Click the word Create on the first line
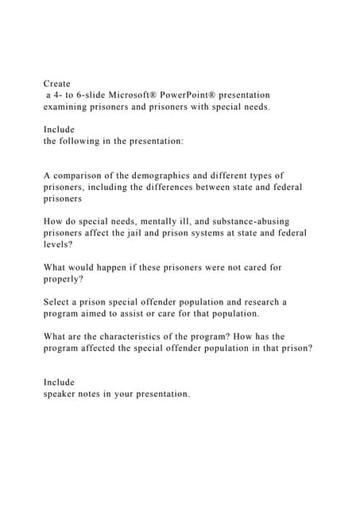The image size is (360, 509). pos(57,83)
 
